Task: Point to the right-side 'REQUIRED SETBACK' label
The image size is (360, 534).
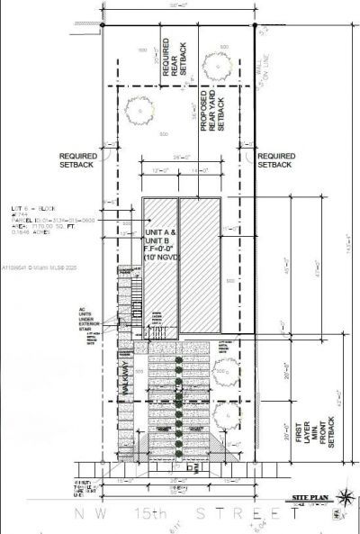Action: (274, 159)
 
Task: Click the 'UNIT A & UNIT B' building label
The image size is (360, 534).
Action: (157, 237)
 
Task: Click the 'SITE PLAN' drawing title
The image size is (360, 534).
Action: (308, 497)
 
